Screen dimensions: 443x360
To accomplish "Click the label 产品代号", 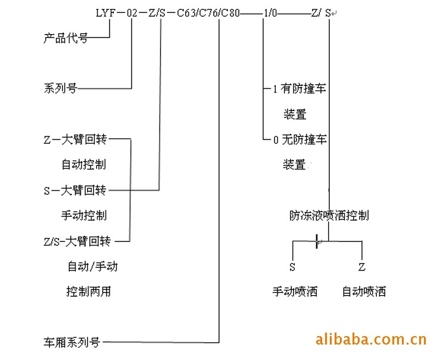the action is click(65, 39).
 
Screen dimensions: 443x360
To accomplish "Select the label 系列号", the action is click(60, 89).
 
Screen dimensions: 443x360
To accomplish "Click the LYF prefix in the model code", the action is click(105, 13).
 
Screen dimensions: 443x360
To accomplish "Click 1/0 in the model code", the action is click(269, 13).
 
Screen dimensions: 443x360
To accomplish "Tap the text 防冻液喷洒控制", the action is click(329, 215).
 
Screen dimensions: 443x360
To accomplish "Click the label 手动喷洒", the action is click(295, 291).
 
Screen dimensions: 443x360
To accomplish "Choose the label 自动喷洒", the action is click(364, 291).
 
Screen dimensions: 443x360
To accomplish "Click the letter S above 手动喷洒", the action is click(292, 266).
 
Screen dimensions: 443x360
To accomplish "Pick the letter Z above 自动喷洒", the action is click(361, 266).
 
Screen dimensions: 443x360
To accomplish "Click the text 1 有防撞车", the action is click(300, 89).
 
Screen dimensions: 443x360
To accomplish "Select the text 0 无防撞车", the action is click(300, 140).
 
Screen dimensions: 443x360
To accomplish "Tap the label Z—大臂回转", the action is click(75, 140).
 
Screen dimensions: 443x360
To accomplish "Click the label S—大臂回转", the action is click(75, 191).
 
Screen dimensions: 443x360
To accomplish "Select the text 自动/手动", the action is click(92, 266).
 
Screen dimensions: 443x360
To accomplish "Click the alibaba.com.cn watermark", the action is click(370, 340).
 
